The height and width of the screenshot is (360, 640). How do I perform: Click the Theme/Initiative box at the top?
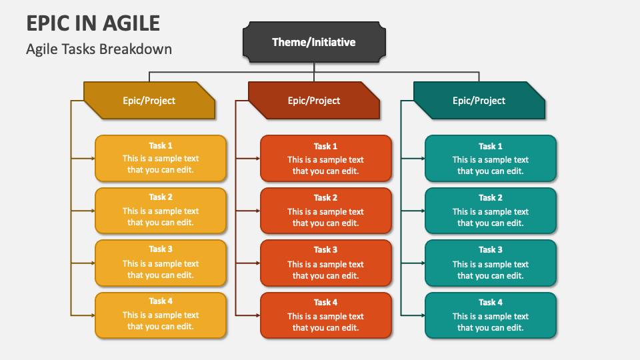[x=314, y=42]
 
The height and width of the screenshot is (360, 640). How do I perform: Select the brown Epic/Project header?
[x=149, y=101]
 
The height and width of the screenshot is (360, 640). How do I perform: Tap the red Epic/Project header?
[x=314, y=101]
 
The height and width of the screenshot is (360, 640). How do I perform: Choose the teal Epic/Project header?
[x=479, y=101]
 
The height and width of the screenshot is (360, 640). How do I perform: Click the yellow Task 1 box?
[x=161, y=159]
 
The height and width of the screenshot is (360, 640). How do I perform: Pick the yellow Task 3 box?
[x=161, y=263]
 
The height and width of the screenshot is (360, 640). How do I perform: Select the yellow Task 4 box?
[x=161, y=315]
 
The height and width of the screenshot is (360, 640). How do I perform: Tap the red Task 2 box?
[x=325, y=211]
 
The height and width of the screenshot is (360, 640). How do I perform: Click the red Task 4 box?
[x=325, y=315]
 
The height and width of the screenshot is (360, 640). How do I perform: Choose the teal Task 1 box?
[x=491, y=159]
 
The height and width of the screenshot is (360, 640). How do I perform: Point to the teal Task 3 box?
[x=491, y=263]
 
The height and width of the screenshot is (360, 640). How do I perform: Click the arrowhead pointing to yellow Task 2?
[x=92, y=211]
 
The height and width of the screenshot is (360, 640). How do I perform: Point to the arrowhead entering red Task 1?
[x=257, y=159]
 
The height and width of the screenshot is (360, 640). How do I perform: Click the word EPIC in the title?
[x=50, y=23]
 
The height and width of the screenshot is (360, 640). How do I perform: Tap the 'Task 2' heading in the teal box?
[x=491, y=197]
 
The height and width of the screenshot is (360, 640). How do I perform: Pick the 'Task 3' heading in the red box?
[x=325, y=250]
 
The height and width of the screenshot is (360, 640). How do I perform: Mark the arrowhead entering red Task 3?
[x=257, y=263]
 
